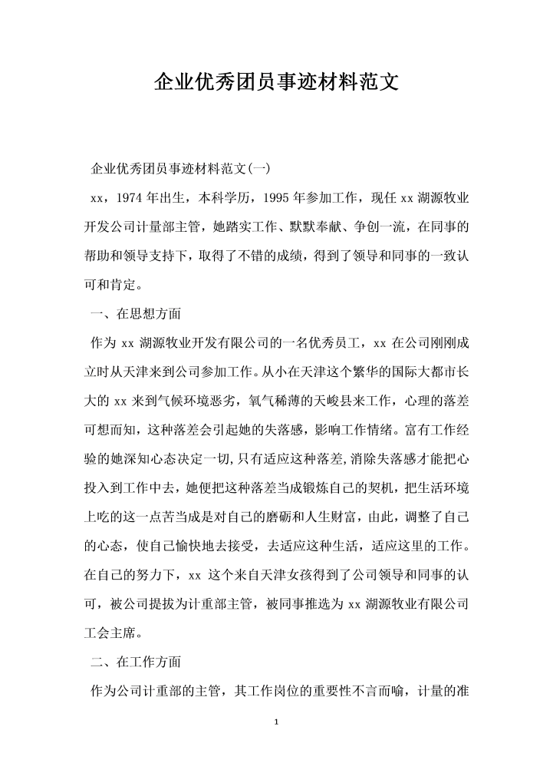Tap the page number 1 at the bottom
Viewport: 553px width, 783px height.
click(x=276, y=722)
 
